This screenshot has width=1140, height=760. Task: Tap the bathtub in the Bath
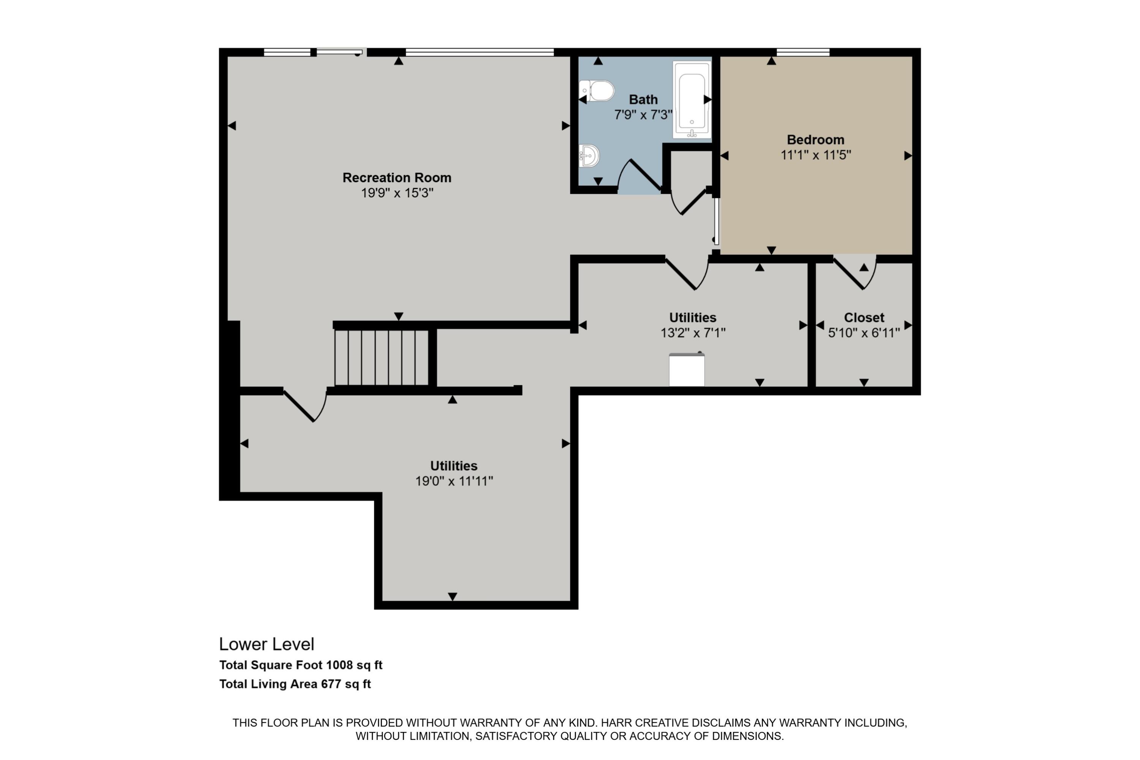pyautogui.click(x=692, y=99)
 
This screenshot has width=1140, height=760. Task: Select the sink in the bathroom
pyautogui.click(x=589, y=155)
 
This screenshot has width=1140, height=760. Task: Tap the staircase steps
pyautogui.click(x=382, y=357)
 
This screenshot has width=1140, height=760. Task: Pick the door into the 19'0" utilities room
pyautogui.click(x=306, y=405)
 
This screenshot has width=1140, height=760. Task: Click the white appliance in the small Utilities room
pyautogui.click(x=686, y=370)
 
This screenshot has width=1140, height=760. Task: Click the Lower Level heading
pyautogui.click(x=267, y=644)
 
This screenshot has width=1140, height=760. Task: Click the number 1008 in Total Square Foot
pyautogui.click(x=339, y=665)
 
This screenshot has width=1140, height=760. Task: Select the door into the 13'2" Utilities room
pyautogui.click(x=687, y=274)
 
